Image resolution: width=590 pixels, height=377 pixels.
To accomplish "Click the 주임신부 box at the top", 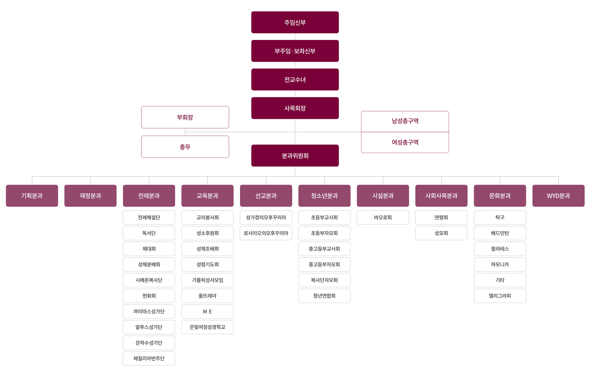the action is click(x=295, y=22).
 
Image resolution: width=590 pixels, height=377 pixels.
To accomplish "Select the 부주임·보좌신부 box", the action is click(x=295, y=51).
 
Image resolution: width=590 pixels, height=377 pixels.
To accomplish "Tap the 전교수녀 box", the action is click(x=295, y=80).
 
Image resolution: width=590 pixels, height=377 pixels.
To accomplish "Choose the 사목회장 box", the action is click(x=295, y=108).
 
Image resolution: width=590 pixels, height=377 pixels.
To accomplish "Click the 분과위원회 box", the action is click(x=295, y=156).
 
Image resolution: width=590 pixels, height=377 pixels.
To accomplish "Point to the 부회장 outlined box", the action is click(x=185, y=117).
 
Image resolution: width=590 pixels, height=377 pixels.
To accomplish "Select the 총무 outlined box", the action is click(x=185, y=147).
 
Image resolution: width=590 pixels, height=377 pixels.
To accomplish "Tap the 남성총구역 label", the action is click(x=405, y=121).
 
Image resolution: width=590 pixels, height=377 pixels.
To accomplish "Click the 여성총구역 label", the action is click(x=405, y=142).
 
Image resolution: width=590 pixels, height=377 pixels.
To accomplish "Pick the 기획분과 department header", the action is click(x=32, y=196).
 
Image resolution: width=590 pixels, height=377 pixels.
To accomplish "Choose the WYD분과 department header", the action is click(x=558, y=196).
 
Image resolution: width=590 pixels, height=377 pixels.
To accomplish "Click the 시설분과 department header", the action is click(x=383, y=196).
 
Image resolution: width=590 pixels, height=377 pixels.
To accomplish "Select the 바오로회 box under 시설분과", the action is click(x=383, y=218).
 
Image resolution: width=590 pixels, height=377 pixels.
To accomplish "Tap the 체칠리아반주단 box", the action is click(x=149, y=359).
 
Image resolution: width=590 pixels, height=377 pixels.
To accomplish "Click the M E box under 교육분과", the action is click(x=207, y=312).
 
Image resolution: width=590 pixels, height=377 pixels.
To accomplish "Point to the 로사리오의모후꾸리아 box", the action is click(x=266, y=233).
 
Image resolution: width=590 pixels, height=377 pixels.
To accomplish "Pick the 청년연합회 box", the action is click(x=324, y=296).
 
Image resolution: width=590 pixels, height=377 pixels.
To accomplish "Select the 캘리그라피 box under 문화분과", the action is click(x=500, y=296).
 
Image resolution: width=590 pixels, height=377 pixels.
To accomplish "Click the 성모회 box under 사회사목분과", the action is click(x=441, y=233).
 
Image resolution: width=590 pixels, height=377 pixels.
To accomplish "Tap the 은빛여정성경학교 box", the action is click(x=207, y=327).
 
